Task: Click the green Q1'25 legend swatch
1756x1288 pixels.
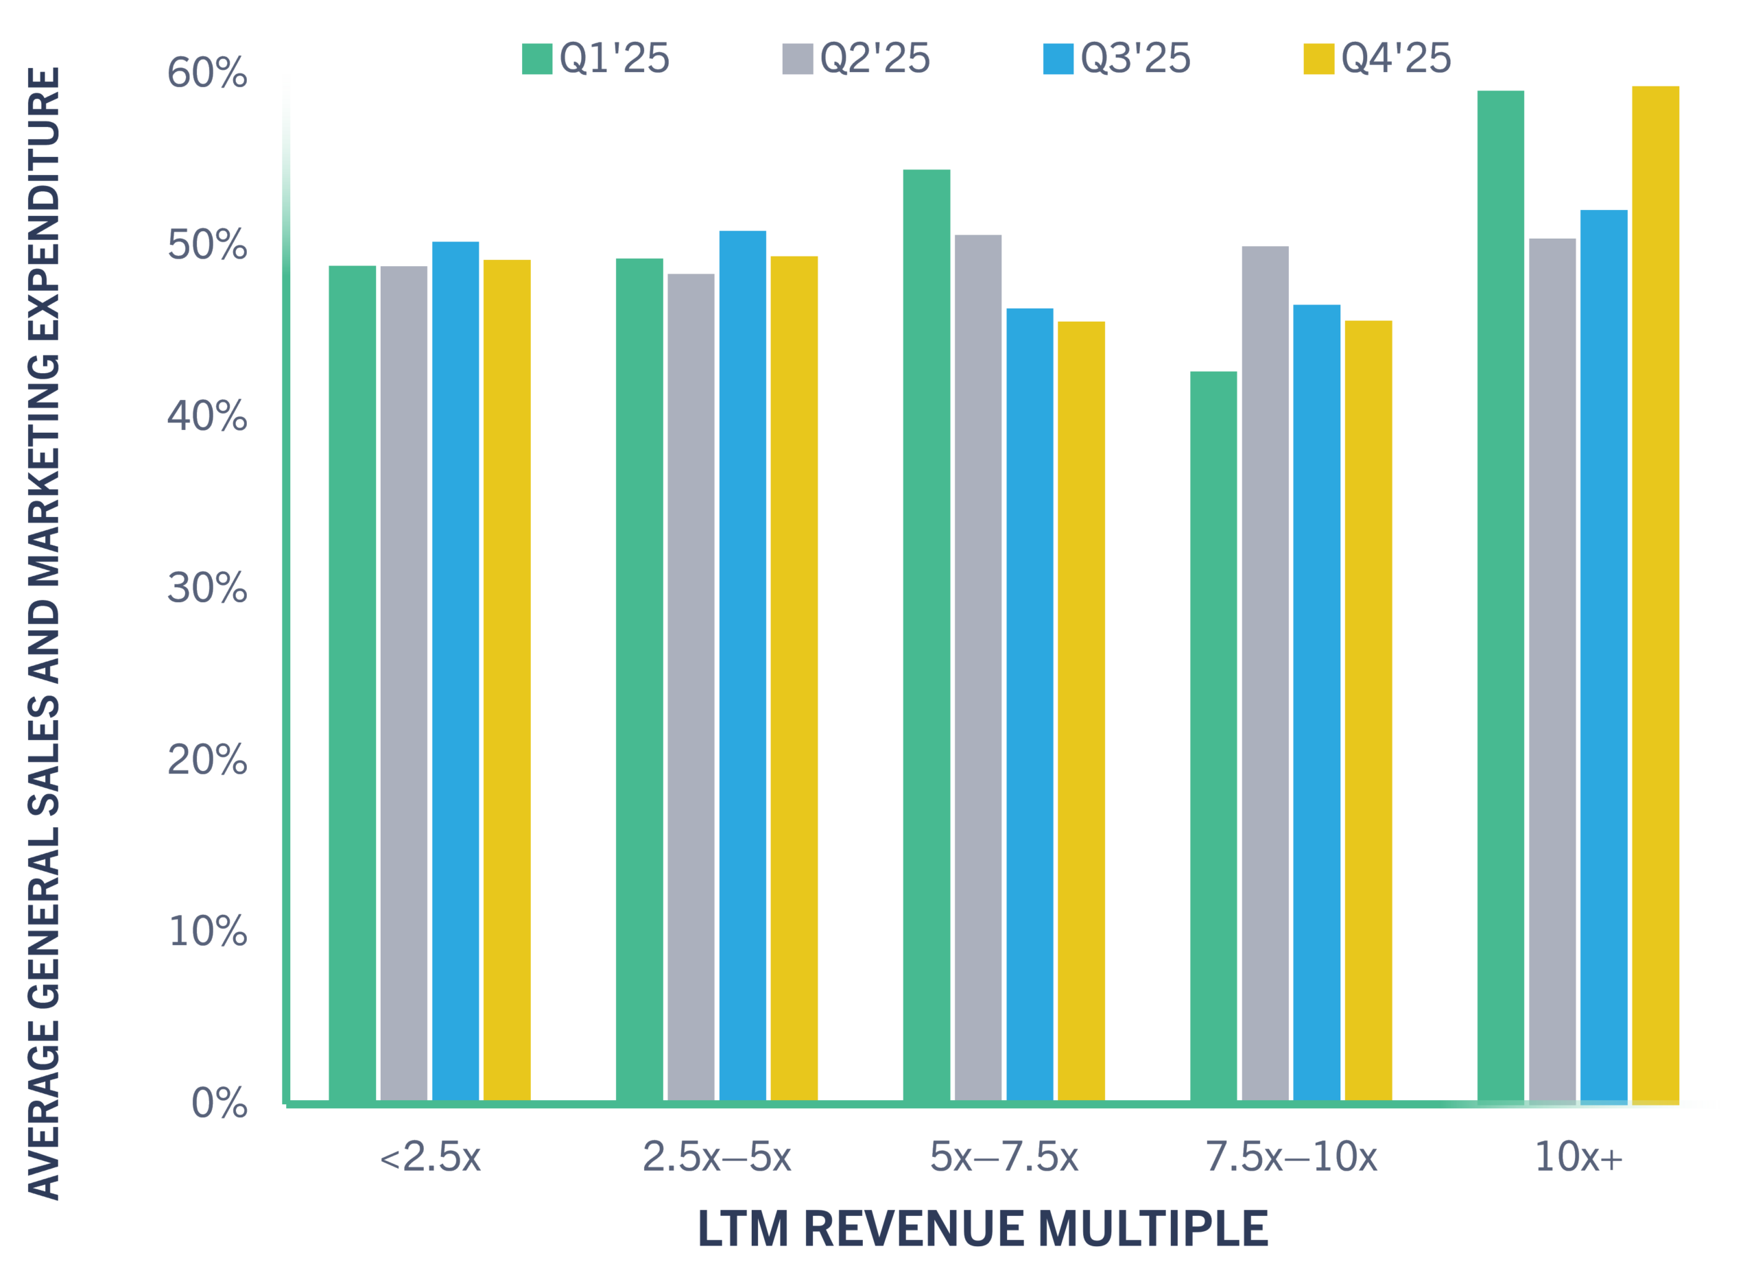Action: (537, 62)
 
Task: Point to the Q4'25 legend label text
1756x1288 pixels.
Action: (1395, 61)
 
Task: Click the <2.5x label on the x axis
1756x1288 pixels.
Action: (429, 1157)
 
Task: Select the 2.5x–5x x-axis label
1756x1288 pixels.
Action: (717, 1157)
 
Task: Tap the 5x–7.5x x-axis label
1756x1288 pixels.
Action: (1004, 1157)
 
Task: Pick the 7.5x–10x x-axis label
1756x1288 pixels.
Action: (1291, 1157)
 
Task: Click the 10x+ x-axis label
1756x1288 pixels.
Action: (1578, 1157)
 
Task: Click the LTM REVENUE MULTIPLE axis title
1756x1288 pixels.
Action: (982, 1230)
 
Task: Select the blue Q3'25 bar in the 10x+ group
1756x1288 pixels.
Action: (1604, 655)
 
